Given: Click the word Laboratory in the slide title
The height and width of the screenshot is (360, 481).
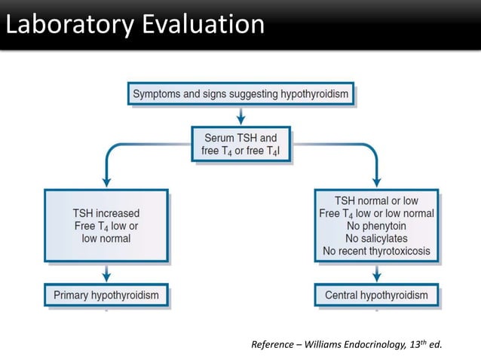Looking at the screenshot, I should (x=64, y=25).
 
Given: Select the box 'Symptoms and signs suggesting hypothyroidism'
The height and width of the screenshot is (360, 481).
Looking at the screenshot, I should (x=240, y=94).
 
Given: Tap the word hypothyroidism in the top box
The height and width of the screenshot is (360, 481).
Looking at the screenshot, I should (x=309, y=94).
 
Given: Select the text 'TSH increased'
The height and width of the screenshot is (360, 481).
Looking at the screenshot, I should (x=106, y=213).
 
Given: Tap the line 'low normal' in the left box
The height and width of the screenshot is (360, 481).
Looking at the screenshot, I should (x=106, y=239).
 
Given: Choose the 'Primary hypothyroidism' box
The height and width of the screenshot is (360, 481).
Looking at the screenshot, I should (x=106, y=295).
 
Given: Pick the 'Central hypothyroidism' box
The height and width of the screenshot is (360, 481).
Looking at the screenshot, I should (x=376, y=295).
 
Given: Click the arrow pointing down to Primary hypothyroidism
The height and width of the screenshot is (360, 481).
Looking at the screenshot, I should (x=106, y=273).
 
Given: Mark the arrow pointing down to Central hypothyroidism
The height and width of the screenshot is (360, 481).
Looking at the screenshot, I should (x=376, y=273).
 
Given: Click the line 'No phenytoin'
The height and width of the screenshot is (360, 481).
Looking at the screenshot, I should (x=376, y=226).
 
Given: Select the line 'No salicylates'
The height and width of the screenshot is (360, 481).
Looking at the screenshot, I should (x=376, y=238).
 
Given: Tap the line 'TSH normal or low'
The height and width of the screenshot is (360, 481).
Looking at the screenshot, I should (x=376, y=200).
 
